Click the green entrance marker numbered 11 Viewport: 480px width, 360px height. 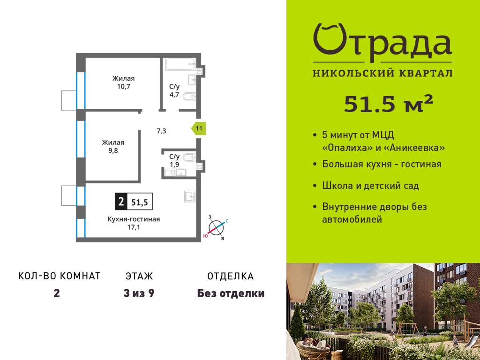coord(199,128)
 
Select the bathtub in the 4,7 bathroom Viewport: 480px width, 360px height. coord(180,64)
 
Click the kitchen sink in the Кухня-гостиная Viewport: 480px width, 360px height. coord(190,196)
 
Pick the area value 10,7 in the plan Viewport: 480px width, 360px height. coord(123,86)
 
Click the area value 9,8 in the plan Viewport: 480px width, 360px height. coord(113,150)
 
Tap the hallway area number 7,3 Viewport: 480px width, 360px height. coord(161,131)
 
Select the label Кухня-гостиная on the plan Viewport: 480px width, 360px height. coord(134,219)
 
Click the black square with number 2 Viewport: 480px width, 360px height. coord(121,202)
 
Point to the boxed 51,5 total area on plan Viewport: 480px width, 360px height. coord(140,202)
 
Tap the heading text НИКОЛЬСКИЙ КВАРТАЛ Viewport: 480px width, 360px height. coord(382,73)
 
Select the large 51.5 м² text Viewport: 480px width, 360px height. coord(389,104)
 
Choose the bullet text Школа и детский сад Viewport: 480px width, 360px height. coord(370,186)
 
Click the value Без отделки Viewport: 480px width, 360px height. coord(231,293)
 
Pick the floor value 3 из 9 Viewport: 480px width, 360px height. coord(139,293)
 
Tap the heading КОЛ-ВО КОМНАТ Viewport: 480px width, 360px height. coord(60,276)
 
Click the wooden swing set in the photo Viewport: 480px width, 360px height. coord(408,329)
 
